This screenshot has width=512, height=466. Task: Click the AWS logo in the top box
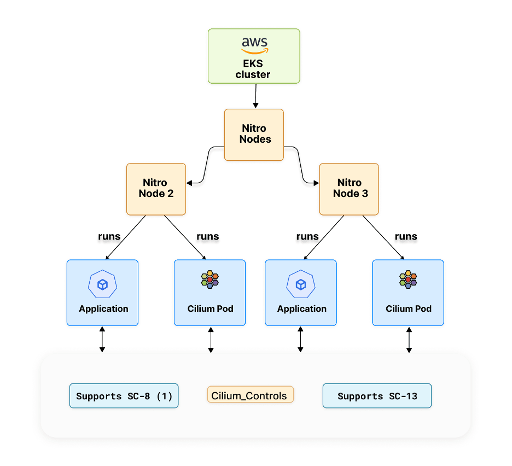click(x=254, y=45)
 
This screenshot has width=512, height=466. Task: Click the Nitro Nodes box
click(x=254, y=135)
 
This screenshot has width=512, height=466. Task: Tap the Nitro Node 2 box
click(x=156, y=189)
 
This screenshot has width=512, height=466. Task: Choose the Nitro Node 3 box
click(x=349, y=189)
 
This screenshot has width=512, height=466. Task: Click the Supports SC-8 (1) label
click(x=124, y=396)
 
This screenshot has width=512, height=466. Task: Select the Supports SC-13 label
click(x=377, y=396)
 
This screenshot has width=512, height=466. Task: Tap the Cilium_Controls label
click(x=251, y=395)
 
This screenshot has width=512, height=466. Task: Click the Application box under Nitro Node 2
click(x=103, y=293)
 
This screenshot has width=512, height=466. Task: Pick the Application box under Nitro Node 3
click(x=301, y=293)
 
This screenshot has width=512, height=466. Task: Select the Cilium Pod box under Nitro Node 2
click(x=210, y=293)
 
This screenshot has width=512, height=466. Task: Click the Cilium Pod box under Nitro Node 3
click(x=408, y=293)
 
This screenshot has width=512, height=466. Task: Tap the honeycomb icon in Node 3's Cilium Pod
click(x=408, y=279)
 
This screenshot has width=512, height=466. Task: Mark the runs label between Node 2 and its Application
click(x=109, y=237)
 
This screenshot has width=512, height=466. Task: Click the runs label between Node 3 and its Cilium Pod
click(x=406, y=237)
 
